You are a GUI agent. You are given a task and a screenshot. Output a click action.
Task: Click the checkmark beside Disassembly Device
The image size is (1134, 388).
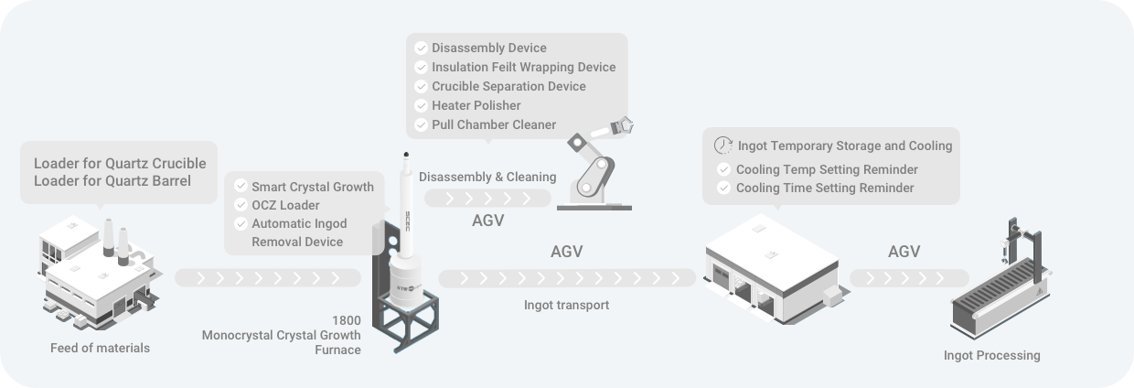coord(421,48)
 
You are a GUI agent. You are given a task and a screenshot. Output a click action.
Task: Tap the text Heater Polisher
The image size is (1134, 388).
coord(476,105)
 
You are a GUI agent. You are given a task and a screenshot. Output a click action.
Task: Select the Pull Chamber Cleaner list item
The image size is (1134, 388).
coord(494,124)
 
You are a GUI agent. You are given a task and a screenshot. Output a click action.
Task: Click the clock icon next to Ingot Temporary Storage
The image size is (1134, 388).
coord(722,145)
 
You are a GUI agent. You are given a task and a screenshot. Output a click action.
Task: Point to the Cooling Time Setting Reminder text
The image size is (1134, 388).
coord(825,188)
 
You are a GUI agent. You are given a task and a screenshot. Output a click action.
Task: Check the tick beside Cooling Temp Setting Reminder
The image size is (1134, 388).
coord(724,169)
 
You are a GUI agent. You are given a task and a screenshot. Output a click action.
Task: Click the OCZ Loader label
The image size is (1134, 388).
coord(285,205)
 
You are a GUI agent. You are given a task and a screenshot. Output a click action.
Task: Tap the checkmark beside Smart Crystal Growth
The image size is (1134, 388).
coord(241,187)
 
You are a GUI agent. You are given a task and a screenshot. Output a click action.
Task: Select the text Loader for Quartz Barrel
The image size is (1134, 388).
coord(112,180)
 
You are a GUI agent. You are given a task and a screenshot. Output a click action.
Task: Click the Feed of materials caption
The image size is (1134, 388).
coord(101,348)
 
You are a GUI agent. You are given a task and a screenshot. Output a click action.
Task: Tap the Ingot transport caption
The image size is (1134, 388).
coord(566,305)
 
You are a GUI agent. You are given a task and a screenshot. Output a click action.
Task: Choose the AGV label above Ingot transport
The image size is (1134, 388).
coord(567,252)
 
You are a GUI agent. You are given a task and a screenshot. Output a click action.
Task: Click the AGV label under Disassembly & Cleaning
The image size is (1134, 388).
coord(487,221)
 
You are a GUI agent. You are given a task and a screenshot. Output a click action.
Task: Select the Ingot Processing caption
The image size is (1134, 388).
coord(991,355)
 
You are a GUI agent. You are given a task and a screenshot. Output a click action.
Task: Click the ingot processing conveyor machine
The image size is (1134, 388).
coord(1001,288)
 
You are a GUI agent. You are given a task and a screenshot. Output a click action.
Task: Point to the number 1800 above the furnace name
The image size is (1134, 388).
coord(348,320)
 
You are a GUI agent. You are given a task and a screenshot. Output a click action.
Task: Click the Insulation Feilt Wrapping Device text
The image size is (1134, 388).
coord(524,67)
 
